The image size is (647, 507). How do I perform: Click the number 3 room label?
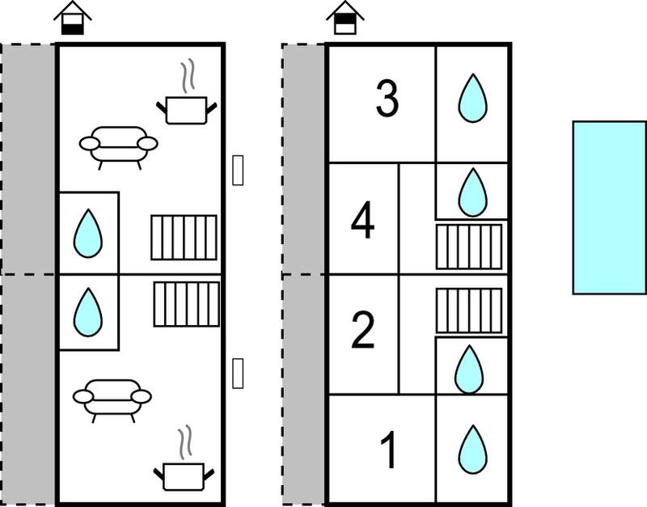[x=387, y=98]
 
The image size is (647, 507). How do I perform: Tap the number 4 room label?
[x=362, y=220]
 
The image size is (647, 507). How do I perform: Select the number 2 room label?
[x=363, y=330]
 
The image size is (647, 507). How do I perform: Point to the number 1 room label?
[x=389, y=450]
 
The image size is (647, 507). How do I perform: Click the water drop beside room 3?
[x=472, y=98]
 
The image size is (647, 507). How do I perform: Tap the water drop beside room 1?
[x=473, y=450]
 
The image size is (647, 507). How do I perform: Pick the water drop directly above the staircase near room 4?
[x=473, y=192]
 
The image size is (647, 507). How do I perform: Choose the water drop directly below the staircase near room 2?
[x=469, y=370]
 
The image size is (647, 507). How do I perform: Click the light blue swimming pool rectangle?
[x=610, y=208]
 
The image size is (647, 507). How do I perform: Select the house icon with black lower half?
[x=73, y=18]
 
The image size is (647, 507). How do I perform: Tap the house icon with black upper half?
[x=345, y=17]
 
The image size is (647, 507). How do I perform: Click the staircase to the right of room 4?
[x=469, y=247]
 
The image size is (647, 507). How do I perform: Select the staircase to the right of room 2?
[x=469, y=311]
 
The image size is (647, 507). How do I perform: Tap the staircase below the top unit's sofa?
[x=184, y=238]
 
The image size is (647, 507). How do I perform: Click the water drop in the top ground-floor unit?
[x=88, y=233]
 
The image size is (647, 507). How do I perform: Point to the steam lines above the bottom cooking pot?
[x=185, y=442]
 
